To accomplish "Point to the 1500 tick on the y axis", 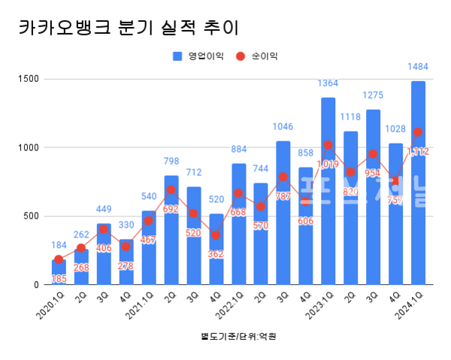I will pyautogui.click(x=30, y=79).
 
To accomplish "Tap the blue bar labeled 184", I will pyautogui.click(x=58, y=272).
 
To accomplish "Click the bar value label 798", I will pyautogui.click(x=171, y=161).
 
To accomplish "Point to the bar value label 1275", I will pyautogui.click(x=374, y=95).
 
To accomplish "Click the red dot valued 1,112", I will pyautogui.click(x=418, y=132).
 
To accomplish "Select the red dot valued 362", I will pyautogui.click(x=216, y=235).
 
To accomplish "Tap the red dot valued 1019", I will pyautogui.click(x=328, y=145).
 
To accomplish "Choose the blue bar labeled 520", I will pyautogui.click(x=216, y=249).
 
